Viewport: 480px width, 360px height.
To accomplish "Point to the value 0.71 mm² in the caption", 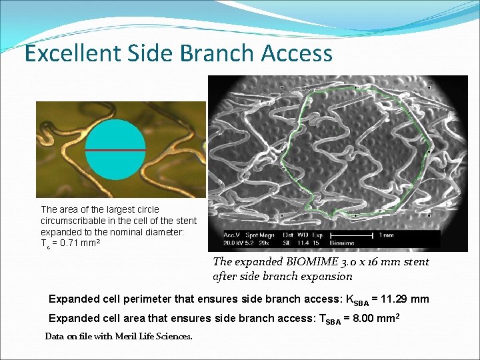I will click(77, 243).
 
